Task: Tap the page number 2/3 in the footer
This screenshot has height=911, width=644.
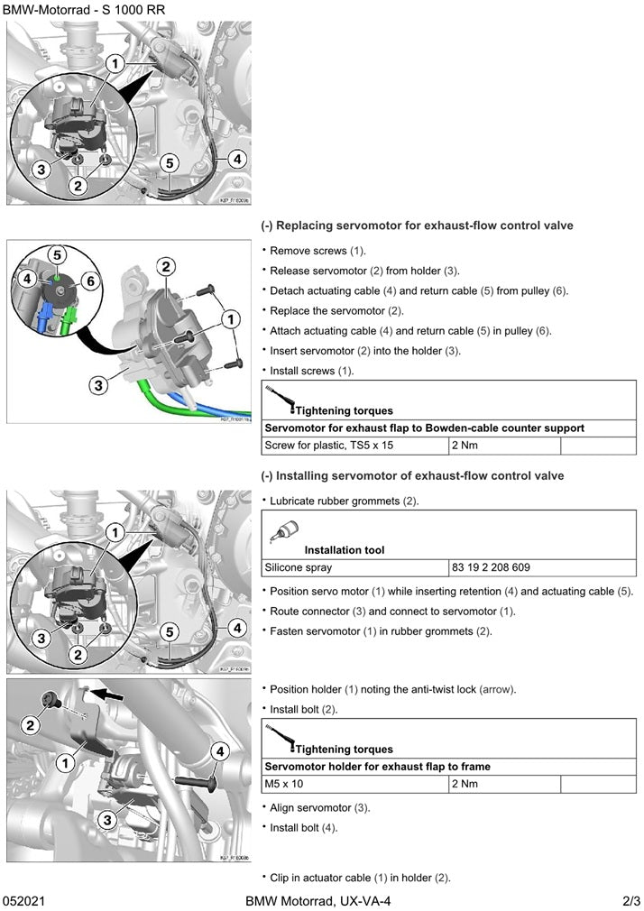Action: pyautogui.click(x=630, y=901)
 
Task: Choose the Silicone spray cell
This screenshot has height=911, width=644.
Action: pyautogui.click(x=298, y=568)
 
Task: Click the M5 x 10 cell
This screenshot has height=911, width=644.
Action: pyautogui.click(x=284, y=784)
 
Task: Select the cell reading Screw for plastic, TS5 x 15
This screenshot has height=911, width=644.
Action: pyautogui.click(x=329, y=446)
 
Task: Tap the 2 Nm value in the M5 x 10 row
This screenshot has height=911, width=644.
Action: pyautogui.click(x=465, y=784)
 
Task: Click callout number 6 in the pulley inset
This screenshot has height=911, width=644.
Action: pyautogui.click(x=88, y=281)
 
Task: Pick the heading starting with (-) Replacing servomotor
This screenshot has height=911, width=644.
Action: pyautogui.click(x=417, y=225)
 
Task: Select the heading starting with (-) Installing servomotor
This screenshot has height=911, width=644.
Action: pyautogui.click(x=412, y=475)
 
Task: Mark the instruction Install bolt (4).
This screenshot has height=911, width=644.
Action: pyautogui.click(x=303, y=827)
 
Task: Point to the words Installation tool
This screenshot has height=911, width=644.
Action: pyautogui.click(x=344, y=549)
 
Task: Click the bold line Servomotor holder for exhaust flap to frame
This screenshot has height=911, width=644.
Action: pyautogui.click(x=377, y=767)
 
